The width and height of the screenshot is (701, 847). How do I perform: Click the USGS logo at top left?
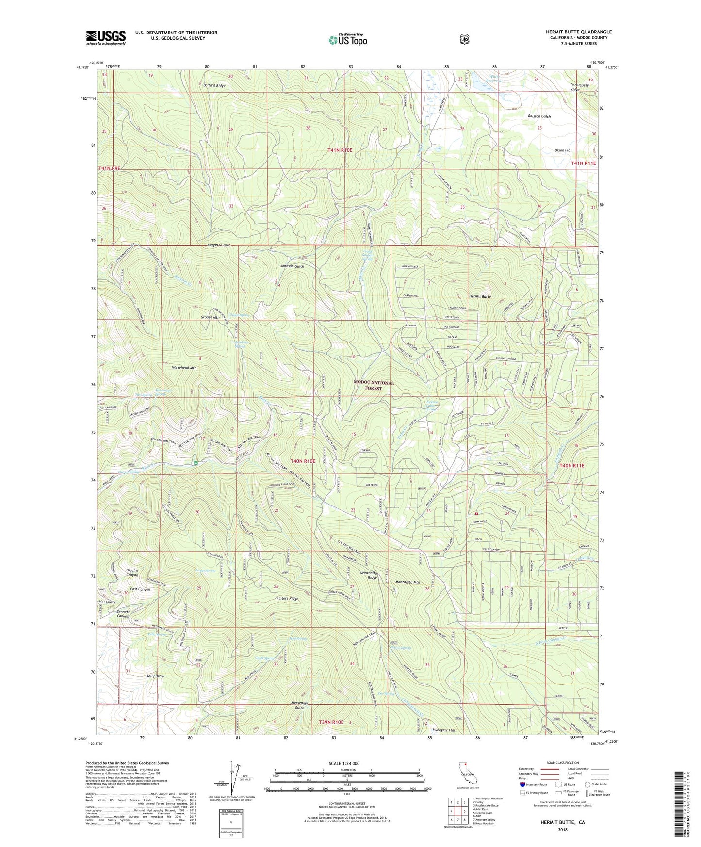click(106, 37)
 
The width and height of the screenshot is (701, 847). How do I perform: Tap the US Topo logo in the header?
click(347, 40)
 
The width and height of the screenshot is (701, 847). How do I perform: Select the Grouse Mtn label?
click(210, 317)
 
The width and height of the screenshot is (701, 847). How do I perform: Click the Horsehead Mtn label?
click(184, 368)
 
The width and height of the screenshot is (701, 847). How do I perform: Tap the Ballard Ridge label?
click(214, 85)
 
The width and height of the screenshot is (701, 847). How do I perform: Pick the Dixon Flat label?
click(563, 150)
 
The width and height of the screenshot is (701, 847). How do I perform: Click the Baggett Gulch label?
click(218, 245)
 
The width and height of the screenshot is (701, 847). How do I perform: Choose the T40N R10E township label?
click(303, 461)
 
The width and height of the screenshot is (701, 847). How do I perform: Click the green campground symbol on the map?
click(196, 463)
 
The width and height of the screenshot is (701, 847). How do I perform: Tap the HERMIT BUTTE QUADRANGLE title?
click(578, 32)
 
